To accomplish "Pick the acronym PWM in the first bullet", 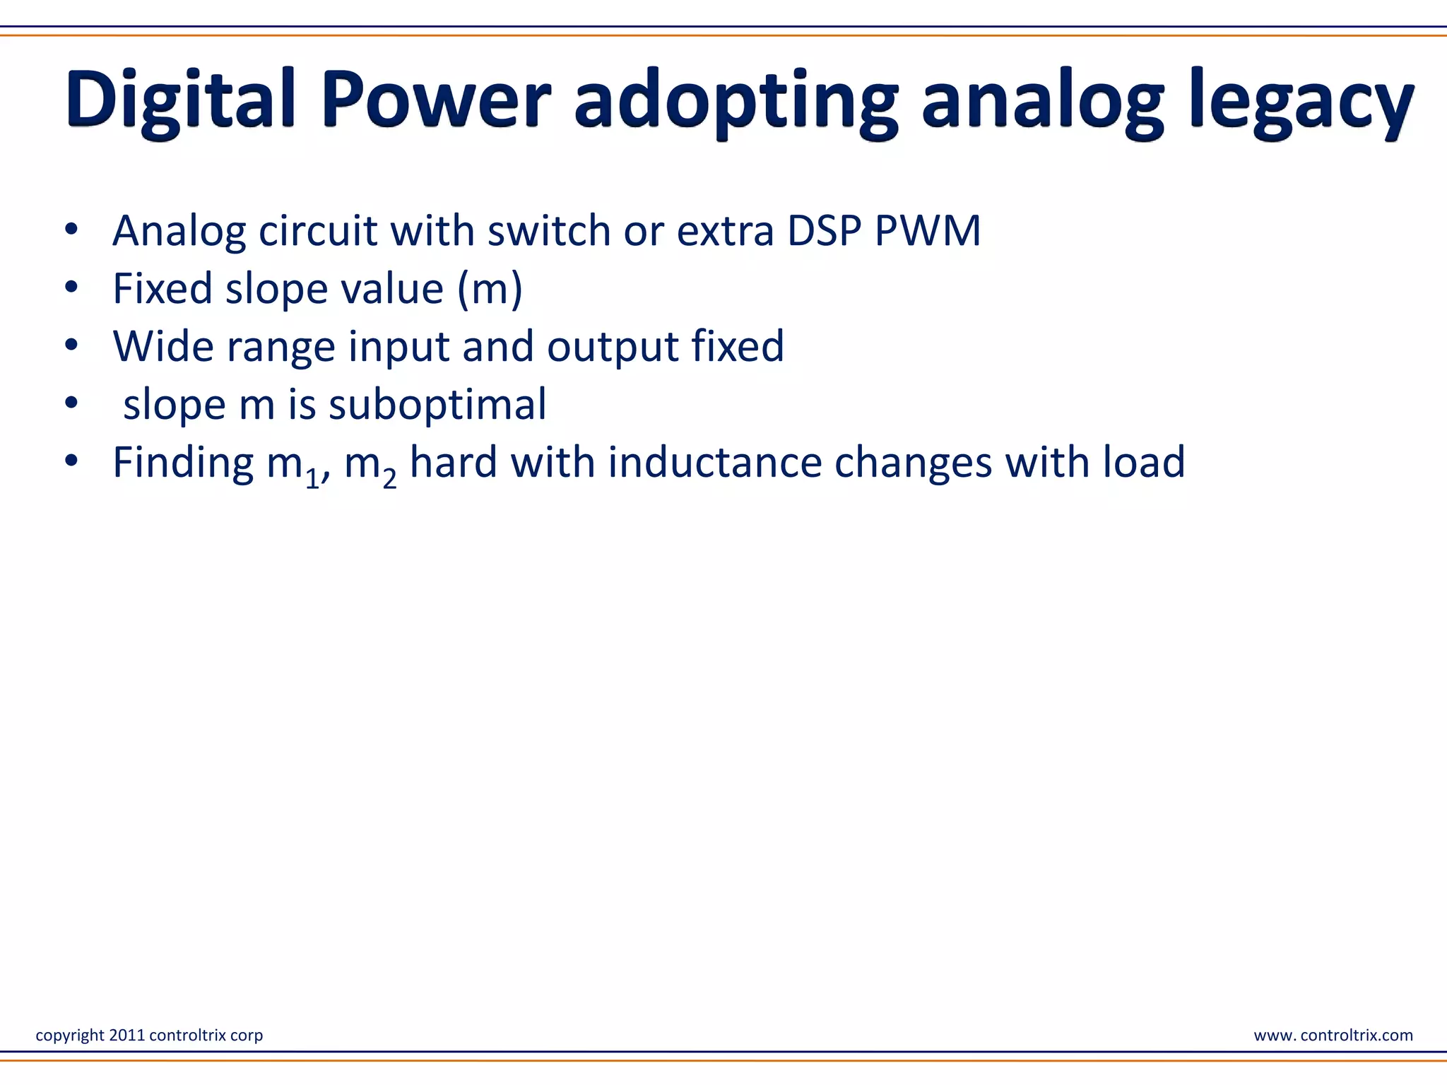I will pos(928,231).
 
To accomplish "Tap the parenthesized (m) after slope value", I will pos(490,289).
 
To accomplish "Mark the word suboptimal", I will pos(437,405).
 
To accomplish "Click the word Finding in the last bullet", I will pos(183,463).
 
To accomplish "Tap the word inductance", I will pos(714,463).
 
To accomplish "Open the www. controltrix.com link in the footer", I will pos(1333,1035).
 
